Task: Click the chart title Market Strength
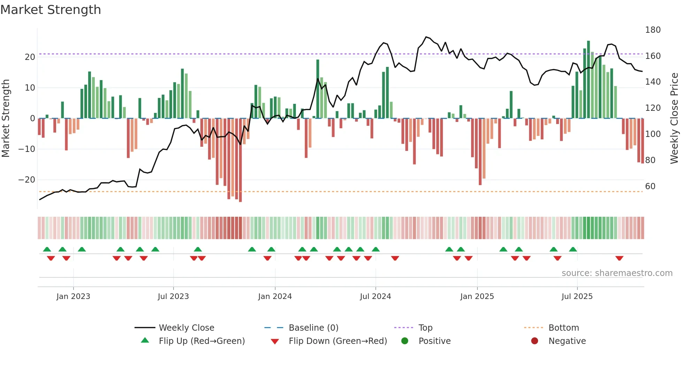51,10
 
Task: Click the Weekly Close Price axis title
674,118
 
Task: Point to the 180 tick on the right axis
653,30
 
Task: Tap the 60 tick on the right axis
650,186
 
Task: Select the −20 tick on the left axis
27,180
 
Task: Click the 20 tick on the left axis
30,57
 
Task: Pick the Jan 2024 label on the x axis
275,297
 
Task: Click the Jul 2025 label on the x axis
577,297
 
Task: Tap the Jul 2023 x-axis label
173,297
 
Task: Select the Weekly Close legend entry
186,328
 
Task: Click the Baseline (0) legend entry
313,328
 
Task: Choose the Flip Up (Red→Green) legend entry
201,341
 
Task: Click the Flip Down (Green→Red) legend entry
338,341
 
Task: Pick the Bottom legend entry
563,328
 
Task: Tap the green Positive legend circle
405,341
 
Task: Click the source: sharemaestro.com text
617,273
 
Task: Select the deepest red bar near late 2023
240,160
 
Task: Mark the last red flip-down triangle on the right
619,258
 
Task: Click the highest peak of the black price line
426,37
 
